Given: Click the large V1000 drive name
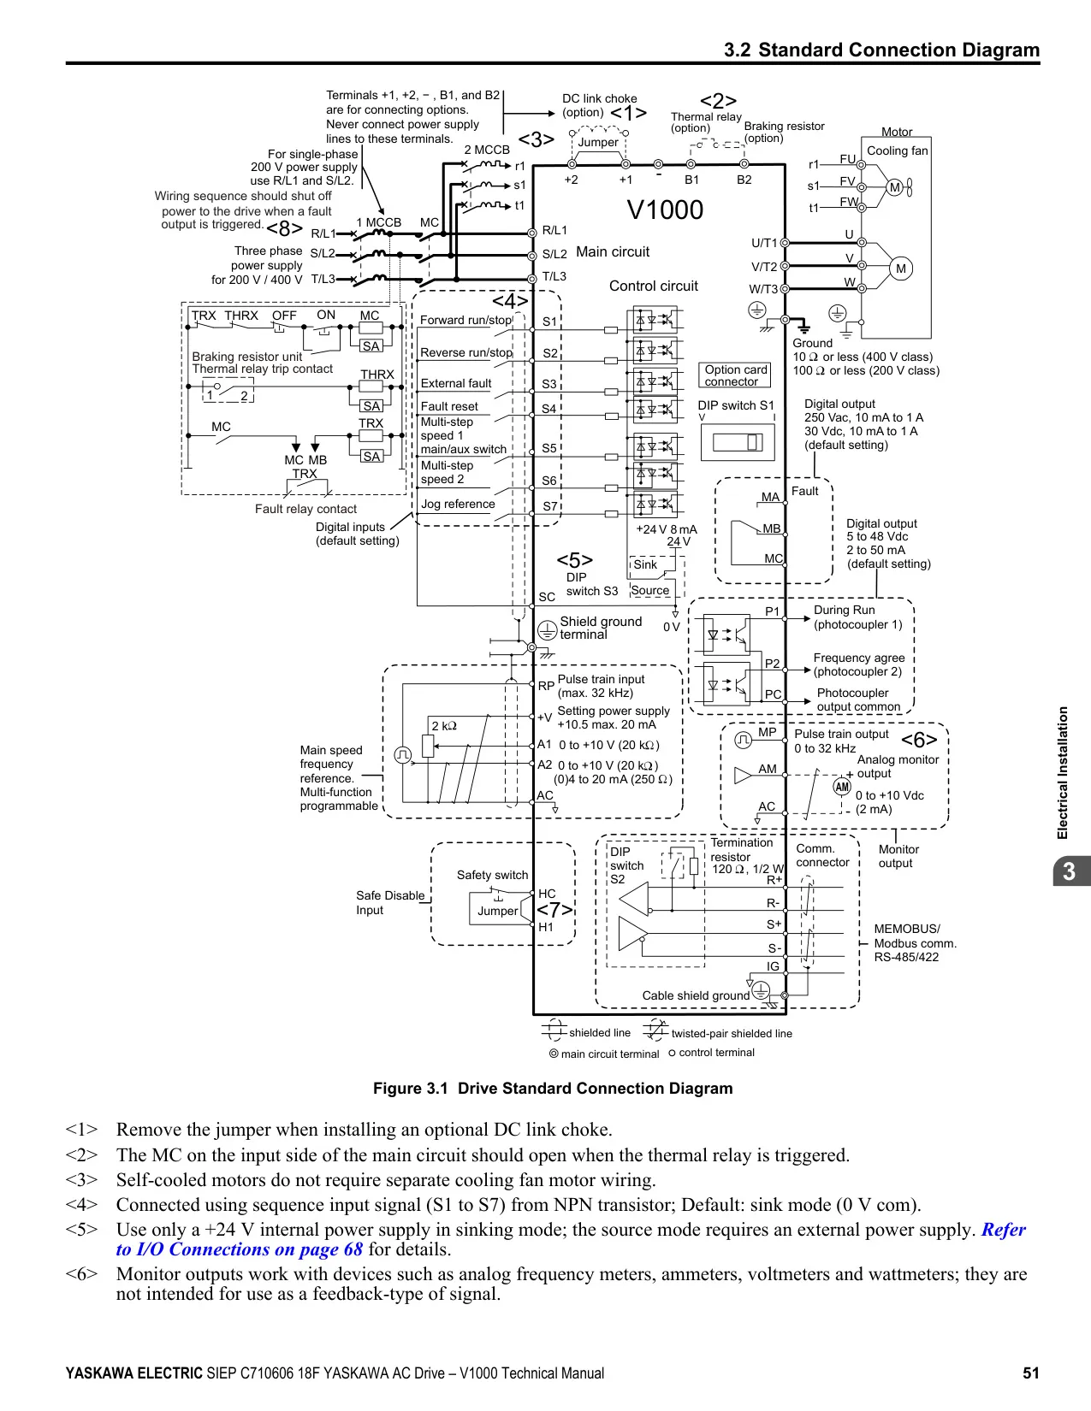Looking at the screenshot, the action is tap(665, 210).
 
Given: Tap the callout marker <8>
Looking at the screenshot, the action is tap(285, 228).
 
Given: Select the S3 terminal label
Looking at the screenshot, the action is tap(549, 384).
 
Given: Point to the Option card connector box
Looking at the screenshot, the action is tap(734, 375).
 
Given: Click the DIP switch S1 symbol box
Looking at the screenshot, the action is tap(738, 442).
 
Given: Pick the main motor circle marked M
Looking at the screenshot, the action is tap(901, 269).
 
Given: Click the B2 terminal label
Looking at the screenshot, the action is tap(744, 180).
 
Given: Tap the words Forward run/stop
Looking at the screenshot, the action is tap(465, 320).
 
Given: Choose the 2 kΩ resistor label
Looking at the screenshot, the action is tap(444, 725).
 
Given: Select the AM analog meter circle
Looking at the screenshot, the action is tap(842, 787).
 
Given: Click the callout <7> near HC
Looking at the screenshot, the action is tap(554, 910).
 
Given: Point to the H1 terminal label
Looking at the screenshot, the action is tap(546, 927).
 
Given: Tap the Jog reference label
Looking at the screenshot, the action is tap(458, 504).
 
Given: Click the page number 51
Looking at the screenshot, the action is tap(1030, 1373).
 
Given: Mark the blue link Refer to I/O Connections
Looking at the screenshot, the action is tap(571, 1240).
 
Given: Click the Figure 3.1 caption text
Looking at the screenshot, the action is tap(552, 1089).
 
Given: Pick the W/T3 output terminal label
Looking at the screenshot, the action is tap(763, 289).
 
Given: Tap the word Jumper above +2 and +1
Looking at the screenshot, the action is tap(598, 142).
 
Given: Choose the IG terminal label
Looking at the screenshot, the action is tap(773, 966).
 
